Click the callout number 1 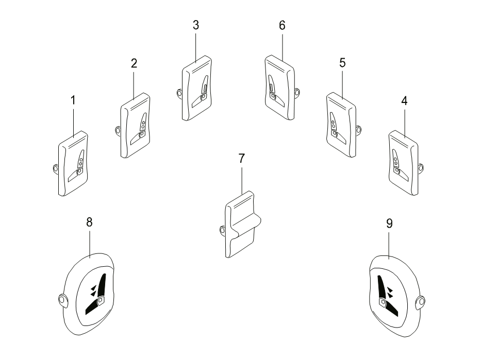pyautogui.click(x=73, y=100)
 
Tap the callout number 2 pyautogui.click(x=134, y=63)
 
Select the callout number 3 pyautogui.click(x=196, y=25)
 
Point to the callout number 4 pyautogui.click(x=404, y=101)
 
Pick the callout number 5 pyautogui.click(x=342, y=63)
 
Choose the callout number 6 pyautogui.click(x=282, y=25)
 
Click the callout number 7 pyautogui.click(x=242, y=159)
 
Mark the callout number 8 pyautogui.click(x=89, y=222)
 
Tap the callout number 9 pyautogui.click(x=389, y=224)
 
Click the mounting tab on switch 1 pyautogui.click(x=56, y=168)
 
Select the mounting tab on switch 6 pyautogui.click(x=296, y=92)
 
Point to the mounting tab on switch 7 pyautogui.click(x=223, y=230)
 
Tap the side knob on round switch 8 pyautogui.click(x=62, y=300)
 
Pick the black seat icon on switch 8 pyautogui.click(x=96, y=295)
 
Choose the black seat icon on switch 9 pyautogui.click(x=387, y=295)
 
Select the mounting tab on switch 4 pyautogui.click(x=421, y=167)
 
